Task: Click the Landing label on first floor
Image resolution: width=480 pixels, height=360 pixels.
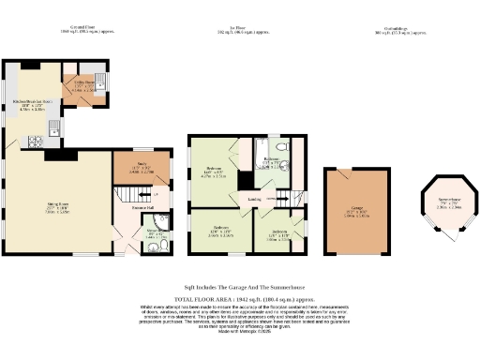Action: click(x=254, y=200)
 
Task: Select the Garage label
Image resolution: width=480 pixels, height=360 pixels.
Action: click(x=357, y=212)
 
